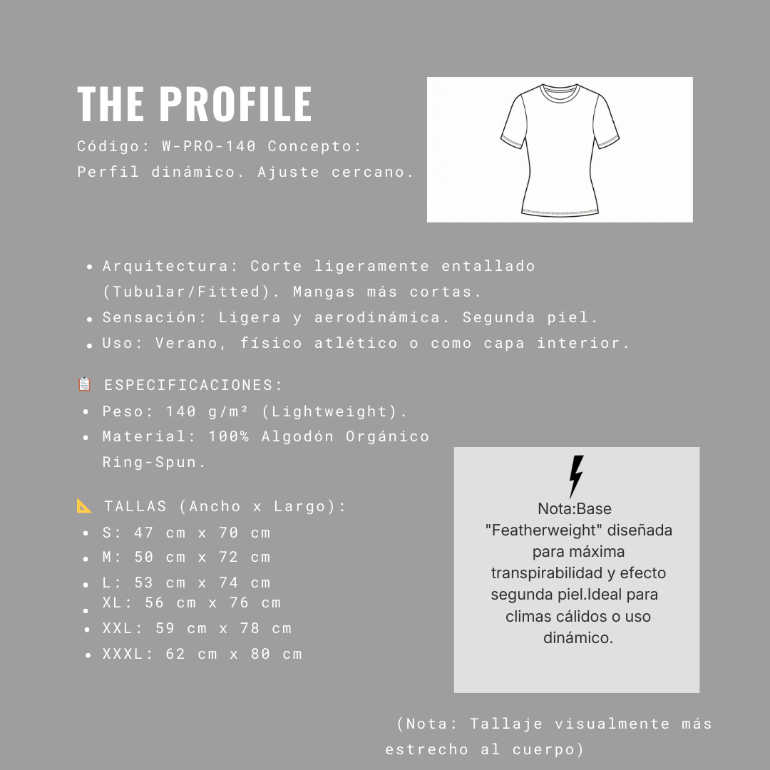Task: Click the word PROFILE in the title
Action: pos(235,104)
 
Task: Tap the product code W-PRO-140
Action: pos(209,147)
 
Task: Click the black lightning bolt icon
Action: pos(576,476)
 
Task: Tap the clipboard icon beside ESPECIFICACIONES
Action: pos(85,384)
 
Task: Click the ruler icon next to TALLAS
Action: pos(85,505)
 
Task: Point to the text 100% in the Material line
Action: pos(229,437)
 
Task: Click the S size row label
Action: pos(108,533)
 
